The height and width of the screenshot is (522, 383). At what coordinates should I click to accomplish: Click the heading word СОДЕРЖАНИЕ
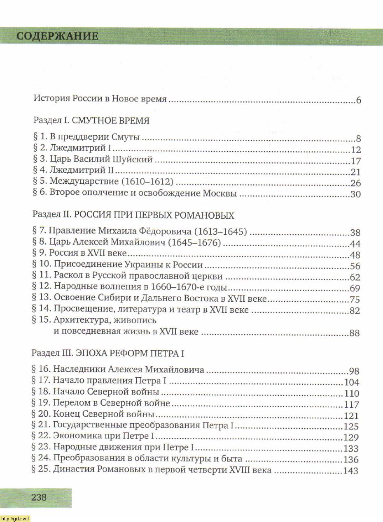tap(58, 36)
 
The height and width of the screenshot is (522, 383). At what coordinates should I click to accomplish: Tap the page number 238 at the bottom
tap(39, 497)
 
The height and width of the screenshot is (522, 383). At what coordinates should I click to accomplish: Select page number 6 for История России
tap(358, 101)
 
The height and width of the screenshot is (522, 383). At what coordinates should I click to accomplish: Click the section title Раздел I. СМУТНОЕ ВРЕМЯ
tap(91, 121)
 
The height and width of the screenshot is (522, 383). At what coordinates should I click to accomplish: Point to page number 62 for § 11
tap(355, 277)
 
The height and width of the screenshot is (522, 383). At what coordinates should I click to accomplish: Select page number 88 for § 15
tap(355, 333)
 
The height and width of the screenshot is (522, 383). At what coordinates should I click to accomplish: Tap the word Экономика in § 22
tap(76, 437)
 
